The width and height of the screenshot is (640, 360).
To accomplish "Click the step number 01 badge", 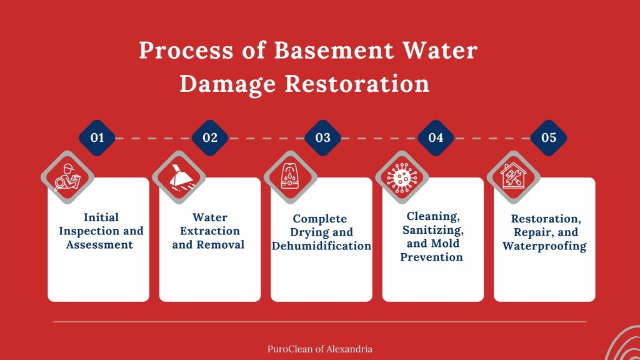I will point(97,137).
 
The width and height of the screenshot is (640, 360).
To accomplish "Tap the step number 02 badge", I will point(210,137).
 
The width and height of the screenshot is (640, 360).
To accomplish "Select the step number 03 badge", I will point(322,137).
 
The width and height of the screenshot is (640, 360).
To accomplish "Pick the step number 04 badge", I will point(436,137).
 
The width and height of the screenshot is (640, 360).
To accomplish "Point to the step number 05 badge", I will point(548,137).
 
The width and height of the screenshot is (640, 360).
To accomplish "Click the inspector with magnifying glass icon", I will point(67,177).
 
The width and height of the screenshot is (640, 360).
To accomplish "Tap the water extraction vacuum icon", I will point(179,177).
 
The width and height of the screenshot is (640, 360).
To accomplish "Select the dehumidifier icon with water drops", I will point(290,177).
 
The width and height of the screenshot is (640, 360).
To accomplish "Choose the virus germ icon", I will point(402,177).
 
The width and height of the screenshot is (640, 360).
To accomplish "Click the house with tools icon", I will point(514,177).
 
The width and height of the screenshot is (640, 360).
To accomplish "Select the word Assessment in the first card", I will point(100,244).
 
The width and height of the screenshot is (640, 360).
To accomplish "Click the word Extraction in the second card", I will point(210,231).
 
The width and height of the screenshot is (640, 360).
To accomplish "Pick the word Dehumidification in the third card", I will point(321,246).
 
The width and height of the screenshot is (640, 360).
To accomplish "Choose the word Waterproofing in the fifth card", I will point(544,246).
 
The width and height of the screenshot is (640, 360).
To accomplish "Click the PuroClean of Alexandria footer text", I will point(319,349).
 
